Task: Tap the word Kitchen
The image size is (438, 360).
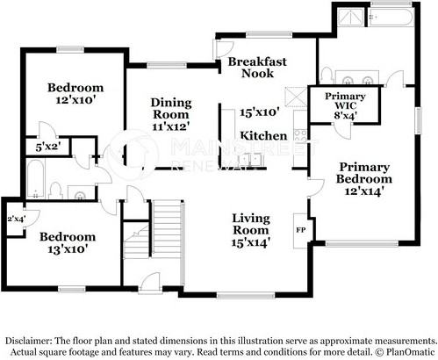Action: [263, 136]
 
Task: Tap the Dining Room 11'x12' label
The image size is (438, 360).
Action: [171, 113]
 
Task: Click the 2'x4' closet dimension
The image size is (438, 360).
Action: [15, 219]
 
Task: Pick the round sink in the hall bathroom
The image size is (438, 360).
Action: [81, 195]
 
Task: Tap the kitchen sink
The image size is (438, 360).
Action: [255, 159]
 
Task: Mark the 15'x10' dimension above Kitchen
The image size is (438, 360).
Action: [259, 112]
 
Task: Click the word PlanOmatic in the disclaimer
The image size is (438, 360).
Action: [406, 352]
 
